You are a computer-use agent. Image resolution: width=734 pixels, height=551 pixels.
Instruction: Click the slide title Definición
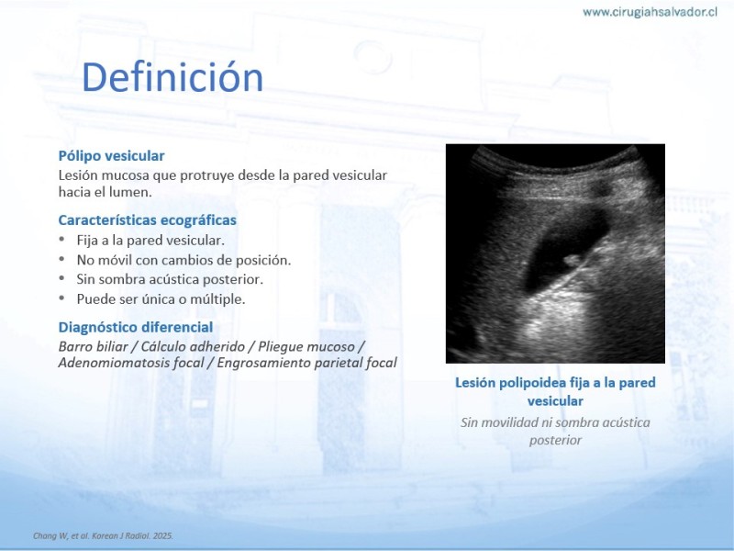172,77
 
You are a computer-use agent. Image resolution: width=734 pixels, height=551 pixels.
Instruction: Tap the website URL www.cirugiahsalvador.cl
650,12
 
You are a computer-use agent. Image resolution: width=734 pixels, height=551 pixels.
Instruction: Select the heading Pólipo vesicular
111,156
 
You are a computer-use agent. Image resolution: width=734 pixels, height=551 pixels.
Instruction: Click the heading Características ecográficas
148,220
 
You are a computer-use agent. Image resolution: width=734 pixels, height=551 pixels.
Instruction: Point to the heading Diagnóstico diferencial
136,327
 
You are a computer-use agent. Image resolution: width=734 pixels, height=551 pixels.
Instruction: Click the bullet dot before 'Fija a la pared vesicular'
61,239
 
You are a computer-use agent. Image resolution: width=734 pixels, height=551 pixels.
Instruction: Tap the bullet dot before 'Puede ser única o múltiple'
61,298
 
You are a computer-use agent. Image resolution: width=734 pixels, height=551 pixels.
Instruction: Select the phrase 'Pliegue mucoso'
306,347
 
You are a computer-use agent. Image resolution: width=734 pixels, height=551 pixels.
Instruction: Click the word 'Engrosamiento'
264,363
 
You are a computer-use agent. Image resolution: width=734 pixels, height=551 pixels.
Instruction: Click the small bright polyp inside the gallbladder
572,260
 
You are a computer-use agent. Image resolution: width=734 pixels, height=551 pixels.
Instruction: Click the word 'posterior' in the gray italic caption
556,441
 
